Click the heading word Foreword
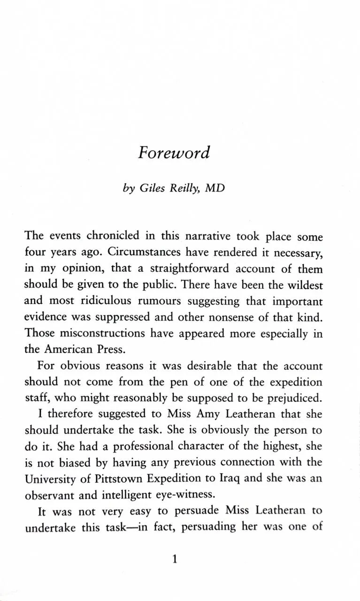click(174, 153)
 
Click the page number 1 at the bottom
click(174, 559)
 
